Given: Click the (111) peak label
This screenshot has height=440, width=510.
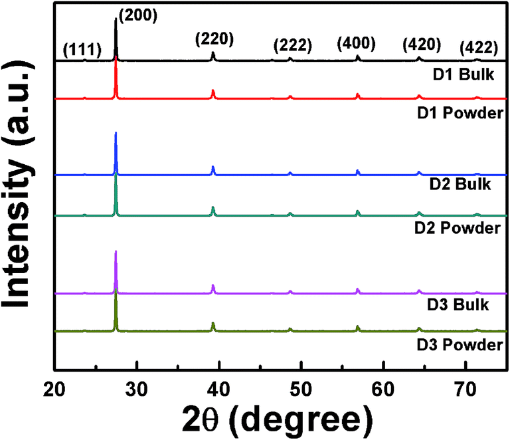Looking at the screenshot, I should point(82,49).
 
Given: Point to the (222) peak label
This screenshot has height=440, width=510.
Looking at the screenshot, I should point(293,46).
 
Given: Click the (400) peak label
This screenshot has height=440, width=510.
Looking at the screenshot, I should point(357,44).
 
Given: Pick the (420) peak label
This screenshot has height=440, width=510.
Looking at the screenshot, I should point(422,45).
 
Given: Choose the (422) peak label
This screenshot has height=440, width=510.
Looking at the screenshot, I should point(479,47).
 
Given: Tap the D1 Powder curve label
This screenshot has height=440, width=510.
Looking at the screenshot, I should point(458,112).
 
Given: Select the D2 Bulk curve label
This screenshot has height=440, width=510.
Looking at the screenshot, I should point(462,184).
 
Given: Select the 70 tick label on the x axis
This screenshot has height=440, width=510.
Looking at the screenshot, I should point(465,385).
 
